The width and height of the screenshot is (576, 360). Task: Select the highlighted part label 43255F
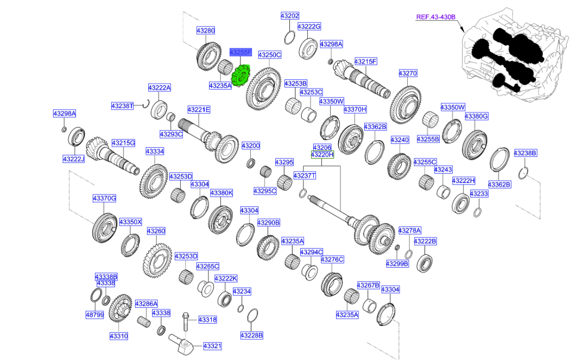click(x=240, y=53)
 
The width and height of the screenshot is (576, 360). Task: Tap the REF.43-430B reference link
click(x=435, y=17)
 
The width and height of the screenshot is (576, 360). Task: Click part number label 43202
click(x=290, y=16)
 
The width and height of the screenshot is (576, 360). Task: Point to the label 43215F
click(x=366, y=62)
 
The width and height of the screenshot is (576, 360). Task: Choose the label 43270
click(x=408, y=73)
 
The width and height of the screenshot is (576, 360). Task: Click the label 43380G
click(x=477, y=116)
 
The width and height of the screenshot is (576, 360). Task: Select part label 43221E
click(x=199, y=110)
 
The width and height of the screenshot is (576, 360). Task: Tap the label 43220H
click(x=322, y=155)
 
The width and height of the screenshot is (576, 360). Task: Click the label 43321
click(x=213, y=346)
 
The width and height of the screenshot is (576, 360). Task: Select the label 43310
click(x=119, y=336)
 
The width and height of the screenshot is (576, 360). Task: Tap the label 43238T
click(x=122, y=106)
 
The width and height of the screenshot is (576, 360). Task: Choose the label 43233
click(x=479, y=194)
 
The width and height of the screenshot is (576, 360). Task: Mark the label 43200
click(x=251, y=146)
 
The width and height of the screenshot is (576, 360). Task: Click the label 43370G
click(x=104, y=199)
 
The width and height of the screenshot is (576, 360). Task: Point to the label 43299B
click(x=397, y=264)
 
